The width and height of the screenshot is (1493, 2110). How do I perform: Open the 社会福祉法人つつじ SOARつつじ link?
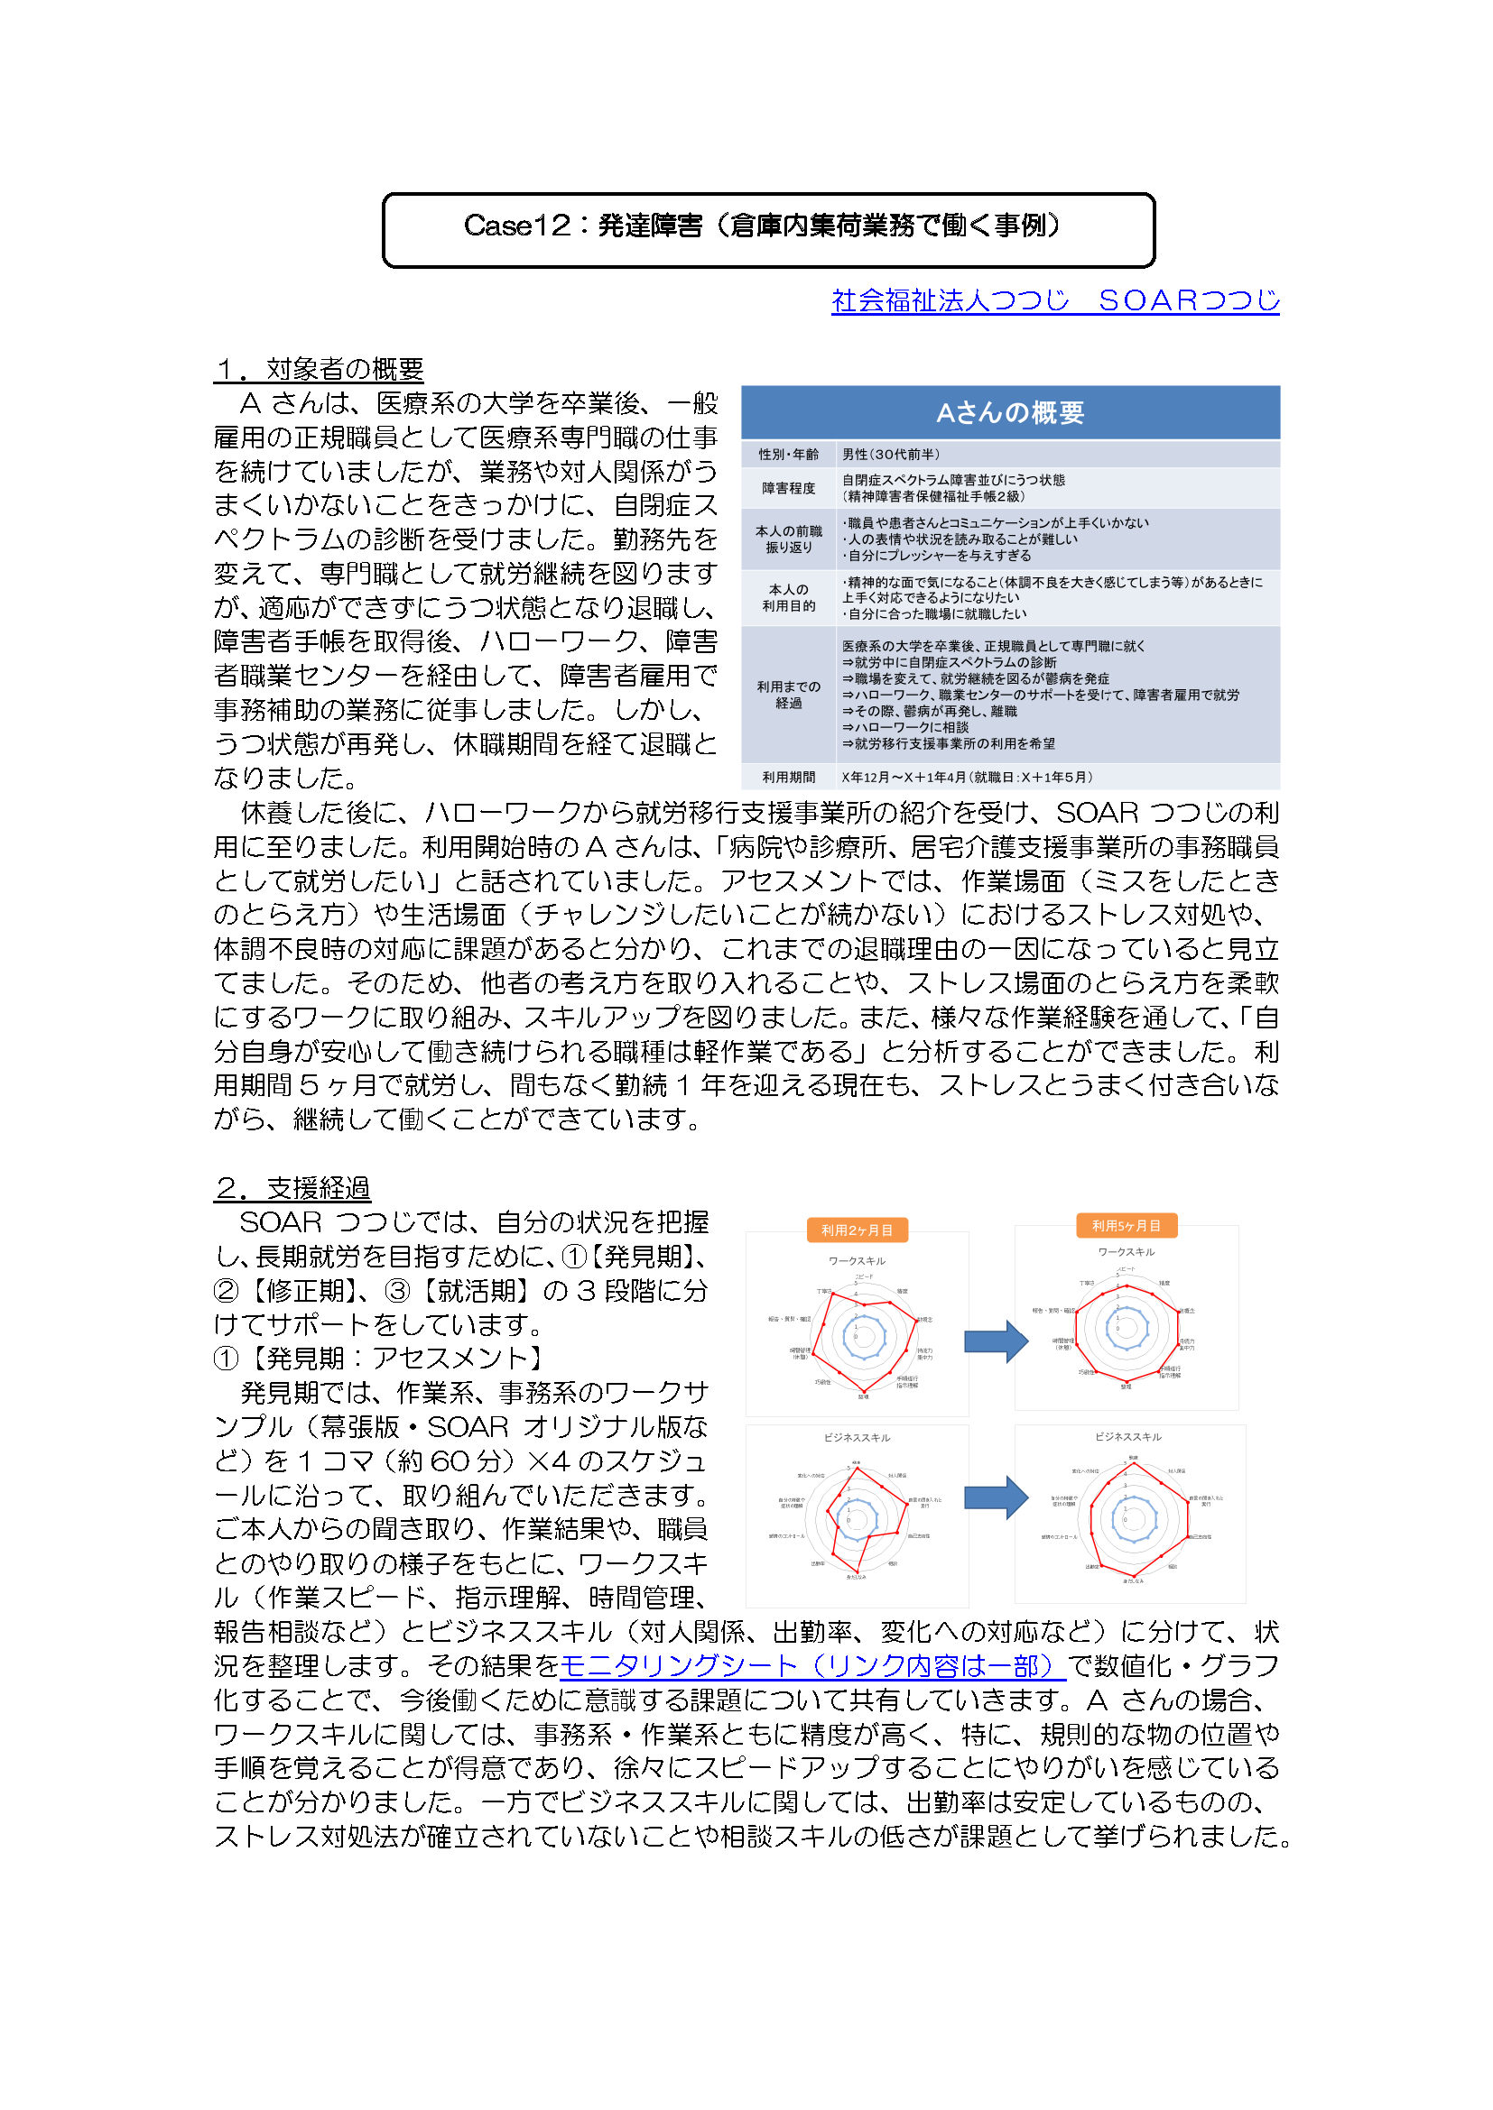pyautogui.click(x=1054, y=300)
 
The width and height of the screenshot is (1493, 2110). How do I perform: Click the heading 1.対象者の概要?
pyautogui.click(x=318, y=369)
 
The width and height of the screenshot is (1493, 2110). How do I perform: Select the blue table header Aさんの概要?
pyautogui.click(x=1009, y=412)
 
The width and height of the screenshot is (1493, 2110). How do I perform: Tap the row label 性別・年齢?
pyautogui.click(x=788, y=454)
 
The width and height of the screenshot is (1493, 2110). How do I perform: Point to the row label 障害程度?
pyautogui.click(x=788, y=488)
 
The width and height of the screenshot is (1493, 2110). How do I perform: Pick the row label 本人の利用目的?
pyautogui.click(x=788, y=597)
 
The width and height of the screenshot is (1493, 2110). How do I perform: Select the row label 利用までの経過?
pyautogui.click(x=788, y=695)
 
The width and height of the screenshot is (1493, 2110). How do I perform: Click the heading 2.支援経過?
pyautogui.click(x=292, y=1188)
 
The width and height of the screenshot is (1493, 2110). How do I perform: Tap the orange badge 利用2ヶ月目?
pyautogui.click(x=857, y=1230)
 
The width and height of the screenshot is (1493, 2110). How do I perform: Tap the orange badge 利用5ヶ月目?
pyautogui.click(x=1127, y=1225)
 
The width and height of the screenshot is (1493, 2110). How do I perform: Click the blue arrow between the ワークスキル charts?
pyautogui.click(x=996, y=1341)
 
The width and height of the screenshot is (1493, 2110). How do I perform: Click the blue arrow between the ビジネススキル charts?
pyautogui.click(x=996, y=1497)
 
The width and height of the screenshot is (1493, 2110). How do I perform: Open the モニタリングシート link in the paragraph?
pyautogui.click(x=812, y=1665)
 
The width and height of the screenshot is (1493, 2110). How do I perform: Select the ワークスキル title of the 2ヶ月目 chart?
pyautogui.click(x=857, y=1261)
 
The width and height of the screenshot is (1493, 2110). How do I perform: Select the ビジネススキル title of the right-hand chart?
pyautogui.click(x=1128, y=1436)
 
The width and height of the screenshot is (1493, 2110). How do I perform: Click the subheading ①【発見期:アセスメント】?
pyautogui.click(x=381, y=1359)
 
